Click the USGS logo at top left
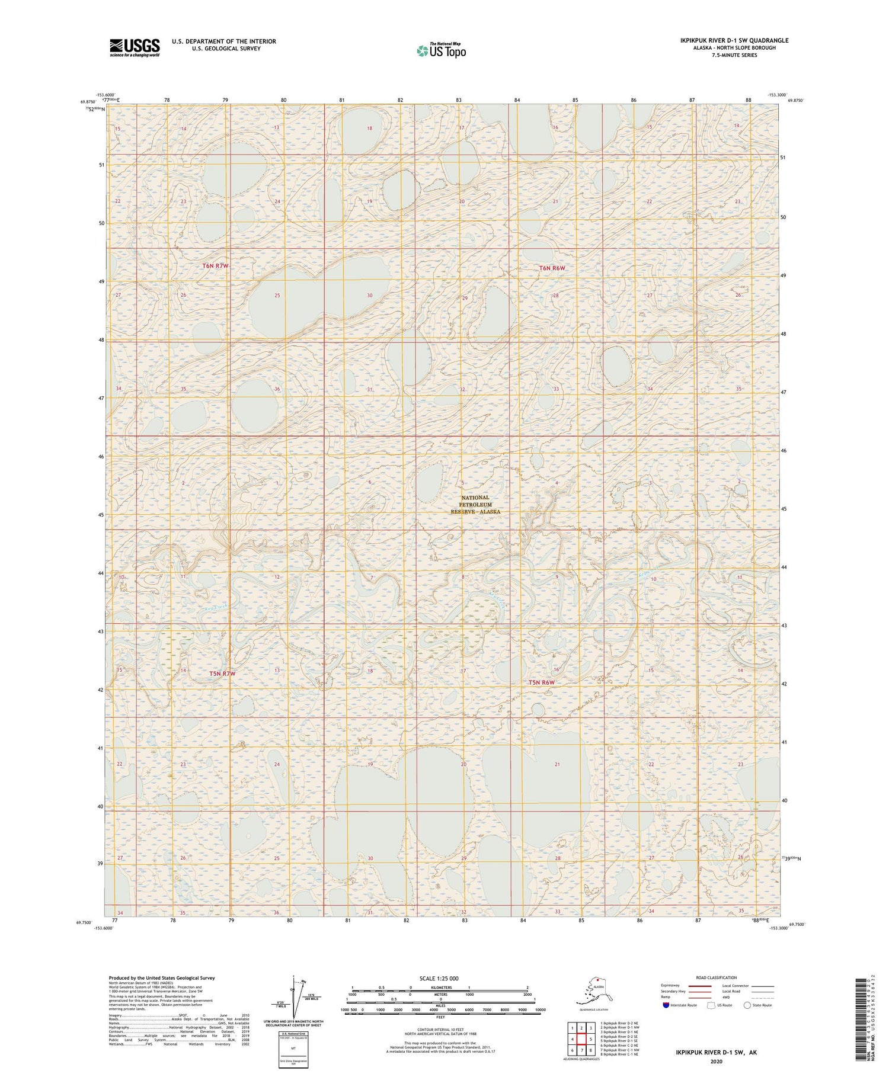(135, 47)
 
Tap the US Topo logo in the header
(441, 51)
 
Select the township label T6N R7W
(215, 266)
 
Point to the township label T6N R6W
(552, 268)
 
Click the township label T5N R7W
(222, 674)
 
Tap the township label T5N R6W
(542, 682)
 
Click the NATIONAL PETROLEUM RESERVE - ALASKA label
(475, 505)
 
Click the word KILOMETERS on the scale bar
(440, 988)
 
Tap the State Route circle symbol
(747, 1005)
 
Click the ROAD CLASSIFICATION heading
(717, 977)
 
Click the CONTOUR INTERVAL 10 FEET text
(440, 1030)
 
